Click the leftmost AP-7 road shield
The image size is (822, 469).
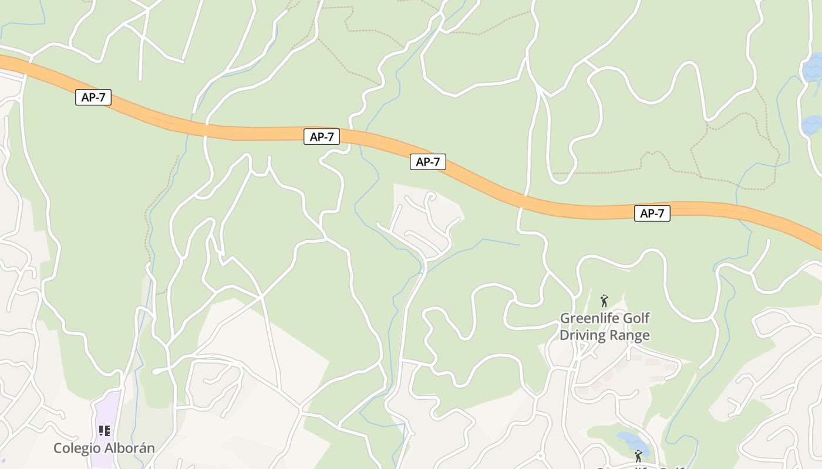(x=93, y=97)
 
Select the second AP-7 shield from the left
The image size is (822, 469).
(x=322, y=137)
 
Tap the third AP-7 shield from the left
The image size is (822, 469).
(x=427, y=162)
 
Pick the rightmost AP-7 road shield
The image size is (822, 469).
(x=652, y=213)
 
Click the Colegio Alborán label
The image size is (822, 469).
(x=104, y=448)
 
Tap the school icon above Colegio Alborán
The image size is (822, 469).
(x=105, y=431)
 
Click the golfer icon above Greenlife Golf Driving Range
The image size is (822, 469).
(x=604, y=301)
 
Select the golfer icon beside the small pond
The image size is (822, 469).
(x=638, y=456)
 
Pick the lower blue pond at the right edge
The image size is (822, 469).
(x=813, y=125)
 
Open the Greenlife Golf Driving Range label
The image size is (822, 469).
(x=605, y=327)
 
